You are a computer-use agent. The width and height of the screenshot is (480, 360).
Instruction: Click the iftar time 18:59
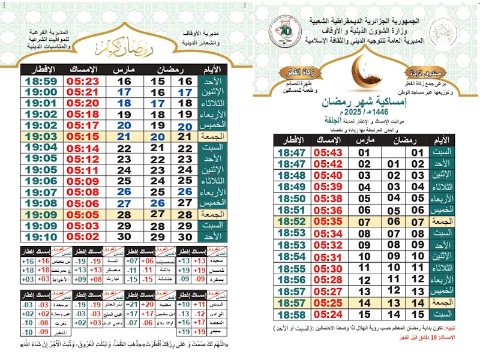click(x=41, y=81)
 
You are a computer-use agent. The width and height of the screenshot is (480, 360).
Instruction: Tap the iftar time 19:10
click(x=41, y=236)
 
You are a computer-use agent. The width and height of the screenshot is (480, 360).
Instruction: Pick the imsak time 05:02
click(x=83, y=236)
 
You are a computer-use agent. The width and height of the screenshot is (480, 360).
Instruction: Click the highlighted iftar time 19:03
click(x=41, y=137)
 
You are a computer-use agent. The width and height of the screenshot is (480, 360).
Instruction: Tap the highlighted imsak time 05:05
click(x=83, y=214)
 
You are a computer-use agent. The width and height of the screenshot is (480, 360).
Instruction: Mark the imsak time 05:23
click(x=83, y=81)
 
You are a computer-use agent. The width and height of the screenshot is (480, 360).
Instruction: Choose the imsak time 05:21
click(x=83, y=92)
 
